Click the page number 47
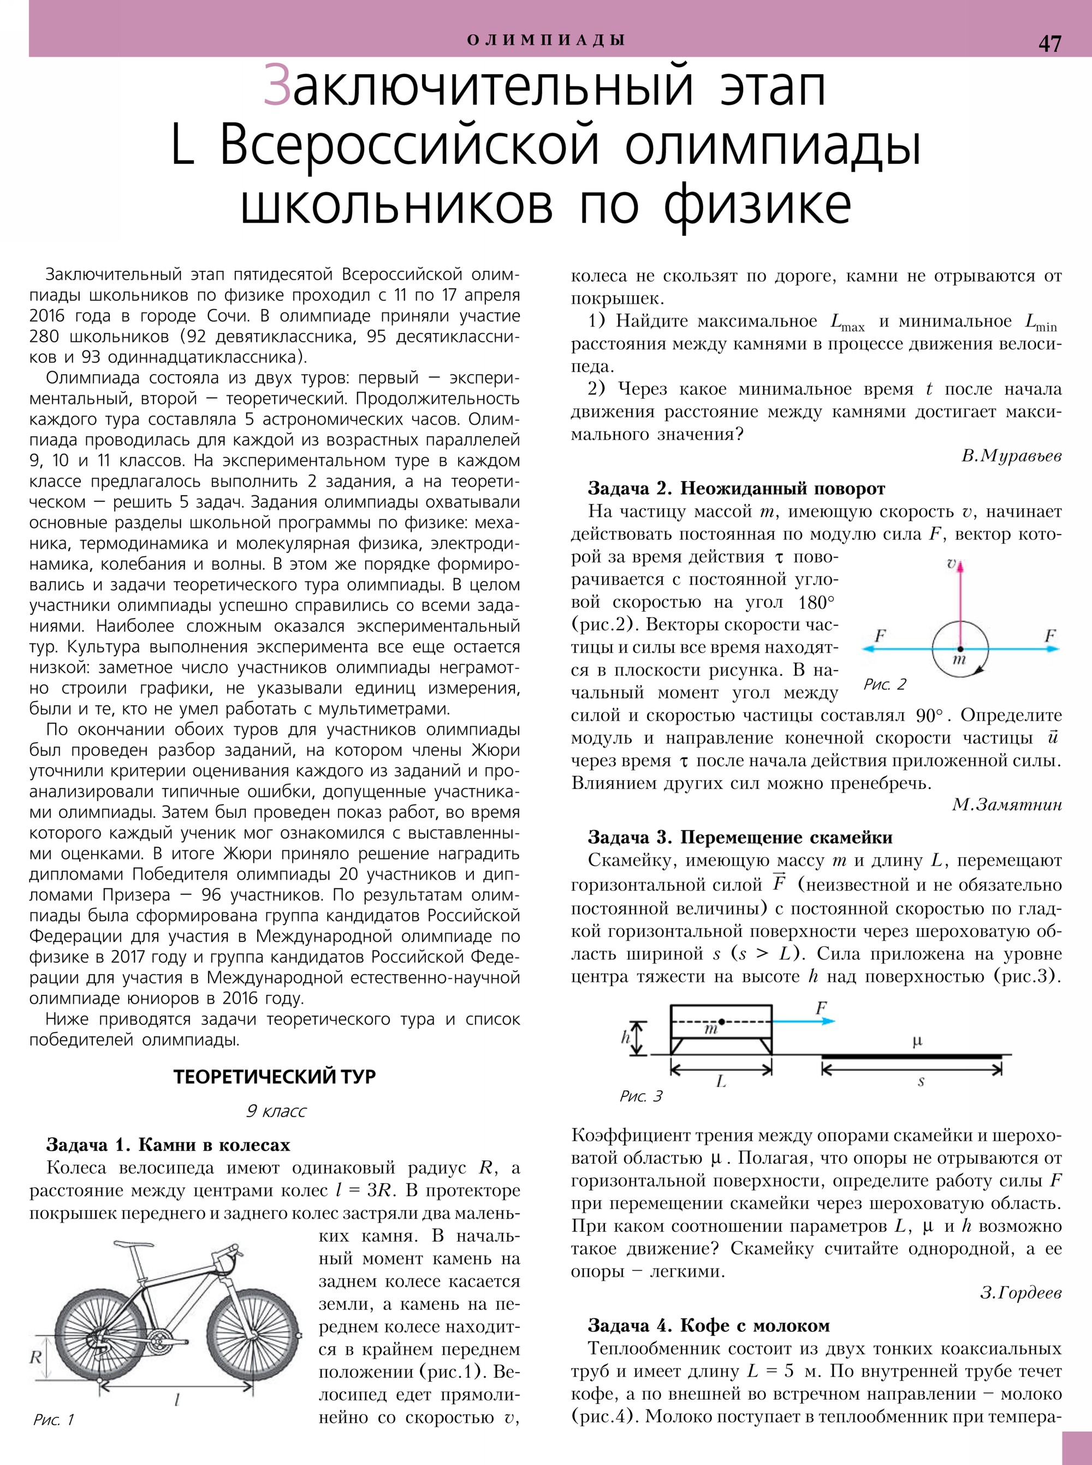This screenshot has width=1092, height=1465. (1050, 44)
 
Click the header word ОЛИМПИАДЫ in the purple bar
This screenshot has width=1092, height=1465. (546, 40)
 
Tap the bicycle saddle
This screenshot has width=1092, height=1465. (129, 1246)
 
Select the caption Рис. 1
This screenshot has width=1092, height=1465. (54, 1419)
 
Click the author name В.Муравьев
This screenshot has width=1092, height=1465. (1011, 456)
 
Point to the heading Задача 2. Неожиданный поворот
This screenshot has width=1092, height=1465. (737, 489)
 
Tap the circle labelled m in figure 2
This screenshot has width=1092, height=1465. (960, 649)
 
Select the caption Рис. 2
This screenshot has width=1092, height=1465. (885, 684)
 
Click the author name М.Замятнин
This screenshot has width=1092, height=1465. (1007, 804)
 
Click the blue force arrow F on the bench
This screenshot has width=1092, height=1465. (803, 1021)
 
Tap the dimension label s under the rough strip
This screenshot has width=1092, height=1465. (920, 1082)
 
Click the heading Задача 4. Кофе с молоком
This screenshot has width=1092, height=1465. (709, 1323)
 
